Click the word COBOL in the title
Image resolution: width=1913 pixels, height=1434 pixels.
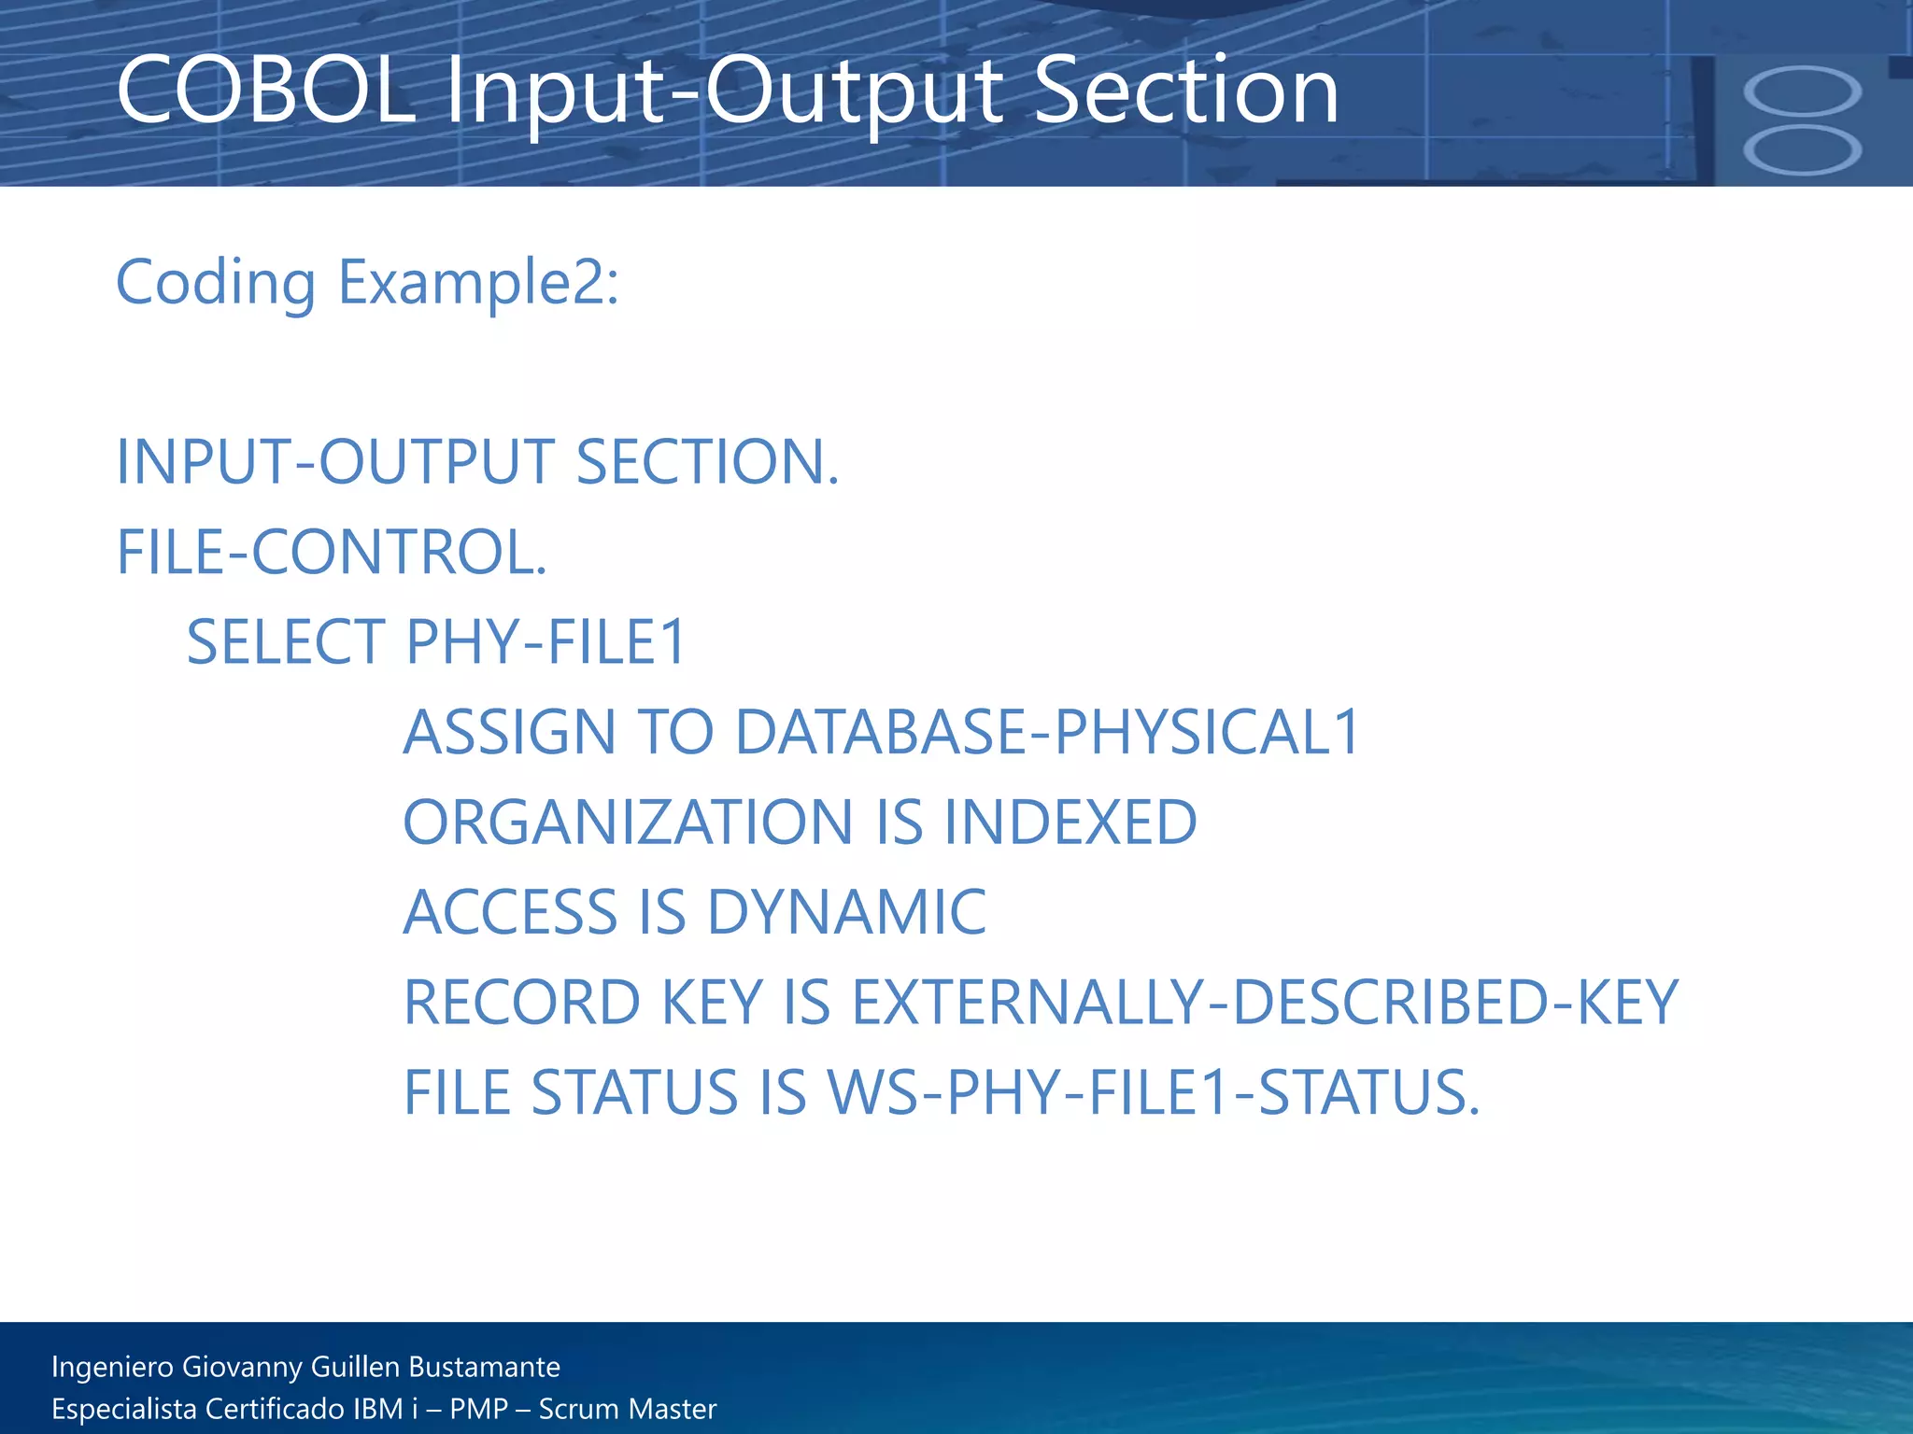(x=265, y=91)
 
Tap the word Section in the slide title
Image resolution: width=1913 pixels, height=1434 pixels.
(x=1186, y=91)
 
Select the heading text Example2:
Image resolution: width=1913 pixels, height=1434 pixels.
(x=478, y=282)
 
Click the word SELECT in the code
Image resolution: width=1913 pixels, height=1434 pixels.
(x=286, y=642)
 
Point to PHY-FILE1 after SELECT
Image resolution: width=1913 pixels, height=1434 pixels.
(x=546, y=642)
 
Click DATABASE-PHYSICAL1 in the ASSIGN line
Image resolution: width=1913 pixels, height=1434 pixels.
(x=1047, y=732)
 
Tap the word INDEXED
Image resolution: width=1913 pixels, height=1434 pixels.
(x=1070, y=822)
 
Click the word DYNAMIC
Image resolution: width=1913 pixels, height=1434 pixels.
(x=846, y=912)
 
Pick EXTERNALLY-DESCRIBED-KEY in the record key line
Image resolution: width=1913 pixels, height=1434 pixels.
(x=1266, y=1003)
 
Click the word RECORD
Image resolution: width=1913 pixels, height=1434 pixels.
(x=521, y=1003)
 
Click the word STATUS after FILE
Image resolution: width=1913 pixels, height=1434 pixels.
(x=635, y=1092)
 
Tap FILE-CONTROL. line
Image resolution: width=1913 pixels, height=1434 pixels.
(x=332, y=552)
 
